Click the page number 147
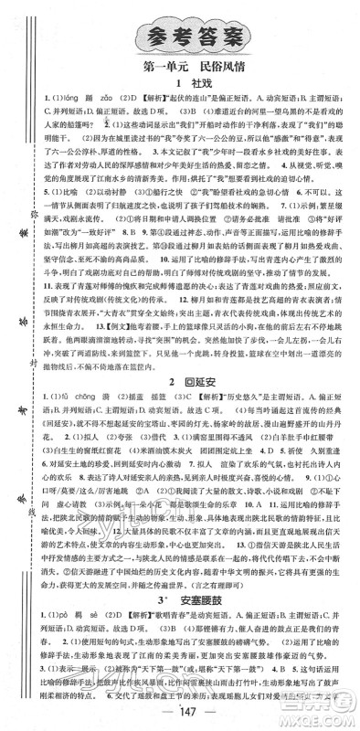181,714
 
